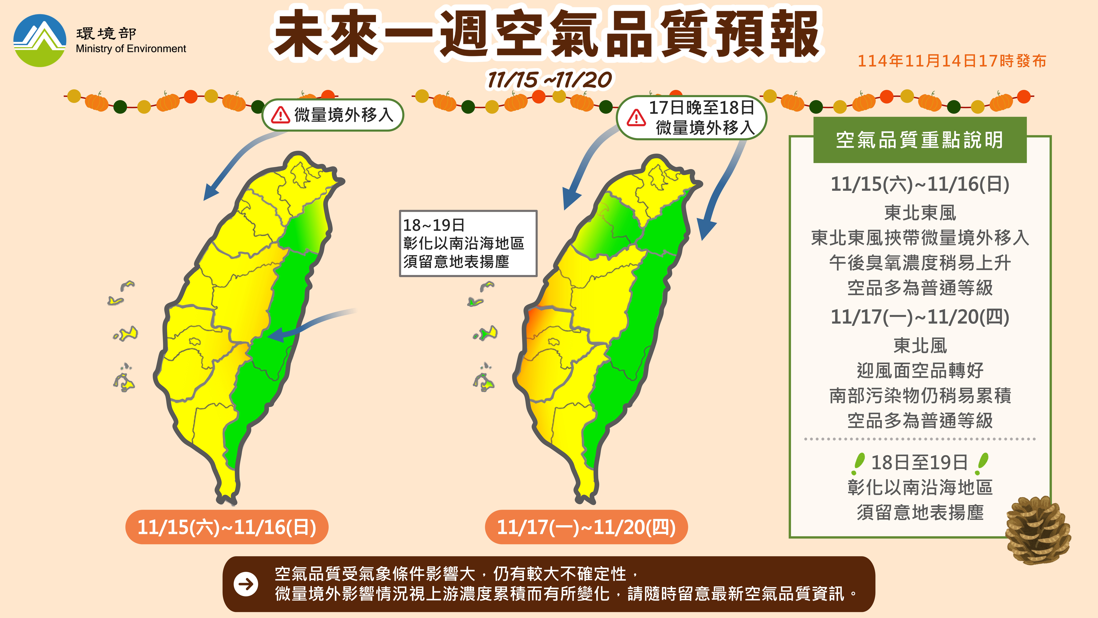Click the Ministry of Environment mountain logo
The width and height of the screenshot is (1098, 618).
point(40,41)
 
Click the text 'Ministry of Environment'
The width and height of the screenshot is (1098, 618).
point(131,49)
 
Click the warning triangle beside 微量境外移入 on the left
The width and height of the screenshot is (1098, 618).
point(280,115)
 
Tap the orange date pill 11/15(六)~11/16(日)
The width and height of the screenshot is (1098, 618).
point(227,527)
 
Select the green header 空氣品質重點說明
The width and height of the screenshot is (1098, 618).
point(920,140)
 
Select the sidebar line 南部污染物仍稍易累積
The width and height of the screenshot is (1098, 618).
point(920,395)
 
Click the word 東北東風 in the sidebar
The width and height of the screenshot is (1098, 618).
point(920,213)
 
